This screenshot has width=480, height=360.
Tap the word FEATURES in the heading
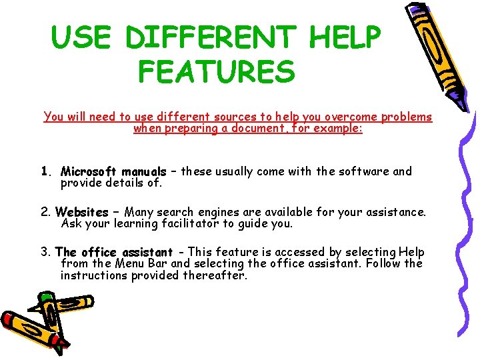tap(217, 71)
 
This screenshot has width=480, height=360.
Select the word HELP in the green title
tap(345, 37)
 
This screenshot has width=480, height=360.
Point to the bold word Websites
tap(82, 213)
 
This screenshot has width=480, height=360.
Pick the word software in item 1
tap(363, 171)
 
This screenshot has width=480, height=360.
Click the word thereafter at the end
tap(215, 275)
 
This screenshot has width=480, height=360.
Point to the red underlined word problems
tap(407, 117)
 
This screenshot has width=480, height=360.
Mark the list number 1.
tap(46, 171)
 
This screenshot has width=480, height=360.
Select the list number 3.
tap(46, 252)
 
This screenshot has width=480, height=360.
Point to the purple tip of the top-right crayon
tap(415, 9)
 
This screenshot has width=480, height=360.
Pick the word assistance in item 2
tap(393, 213)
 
